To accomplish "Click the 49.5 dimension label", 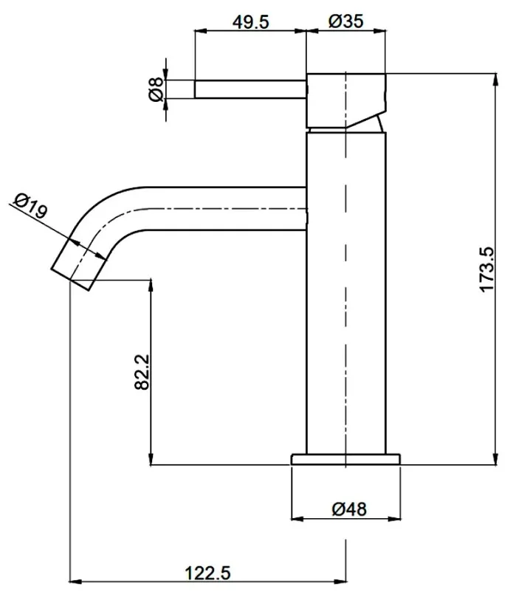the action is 251,22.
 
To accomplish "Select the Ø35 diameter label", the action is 345,21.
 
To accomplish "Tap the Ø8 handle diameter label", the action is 156,89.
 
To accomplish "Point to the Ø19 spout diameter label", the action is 31,205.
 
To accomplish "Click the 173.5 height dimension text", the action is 487,269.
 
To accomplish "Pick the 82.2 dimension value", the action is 142,372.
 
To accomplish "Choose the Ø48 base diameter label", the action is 349,509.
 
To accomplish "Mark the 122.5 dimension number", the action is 207,573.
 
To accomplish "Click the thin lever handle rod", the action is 250,89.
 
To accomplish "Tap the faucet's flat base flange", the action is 345,459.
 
